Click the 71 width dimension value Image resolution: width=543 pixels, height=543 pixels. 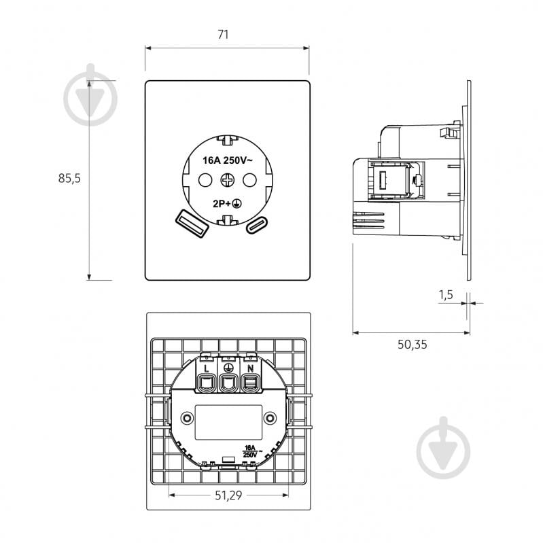(x=223, y=35)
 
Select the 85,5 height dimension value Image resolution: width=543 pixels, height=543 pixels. (x=69, y=178)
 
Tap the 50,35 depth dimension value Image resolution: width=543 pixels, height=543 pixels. (x=412, y=345)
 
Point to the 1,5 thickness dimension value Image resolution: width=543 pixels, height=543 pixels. (x=446, y=295)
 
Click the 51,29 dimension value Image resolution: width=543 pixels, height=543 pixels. (x=228, y=495)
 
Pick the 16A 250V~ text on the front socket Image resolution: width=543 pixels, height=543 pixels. (x=228, y=160)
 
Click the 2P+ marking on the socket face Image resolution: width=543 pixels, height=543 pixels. (x=222, y=204)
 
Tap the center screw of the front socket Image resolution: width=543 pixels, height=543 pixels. (x=228, y=180)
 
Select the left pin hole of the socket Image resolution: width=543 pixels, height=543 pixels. (x=205, y=180)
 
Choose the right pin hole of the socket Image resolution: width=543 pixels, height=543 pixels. (x=249, y=180)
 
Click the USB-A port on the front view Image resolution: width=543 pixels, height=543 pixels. (x=192, y=224)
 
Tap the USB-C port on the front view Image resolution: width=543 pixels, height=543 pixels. (x=257, y=225)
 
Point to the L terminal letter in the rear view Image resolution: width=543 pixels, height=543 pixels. (x=207, y=369)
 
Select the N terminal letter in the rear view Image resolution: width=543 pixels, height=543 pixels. (x=251, y=369)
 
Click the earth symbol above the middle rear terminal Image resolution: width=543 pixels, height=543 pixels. (x=228, y=368)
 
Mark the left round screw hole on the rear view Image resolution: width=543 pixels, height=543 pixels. (x=187, y=418)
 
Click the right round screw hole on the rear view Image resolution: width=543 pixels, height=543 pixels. (x=270, y=418)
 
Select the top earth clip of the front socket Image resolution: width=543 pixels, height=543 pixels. (x=228, y=140)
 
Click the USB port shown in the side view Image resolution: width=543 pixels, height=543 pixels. (x=383, y=180)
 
